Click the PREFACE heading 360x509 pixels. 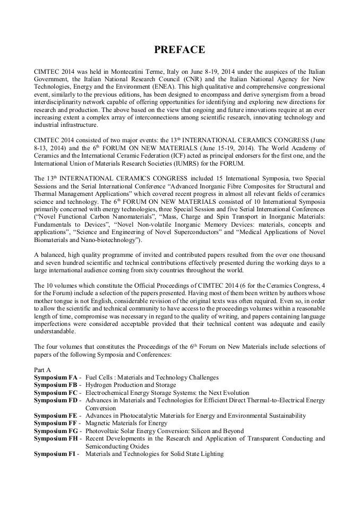179,50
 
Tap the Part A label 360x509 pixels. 42,369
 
